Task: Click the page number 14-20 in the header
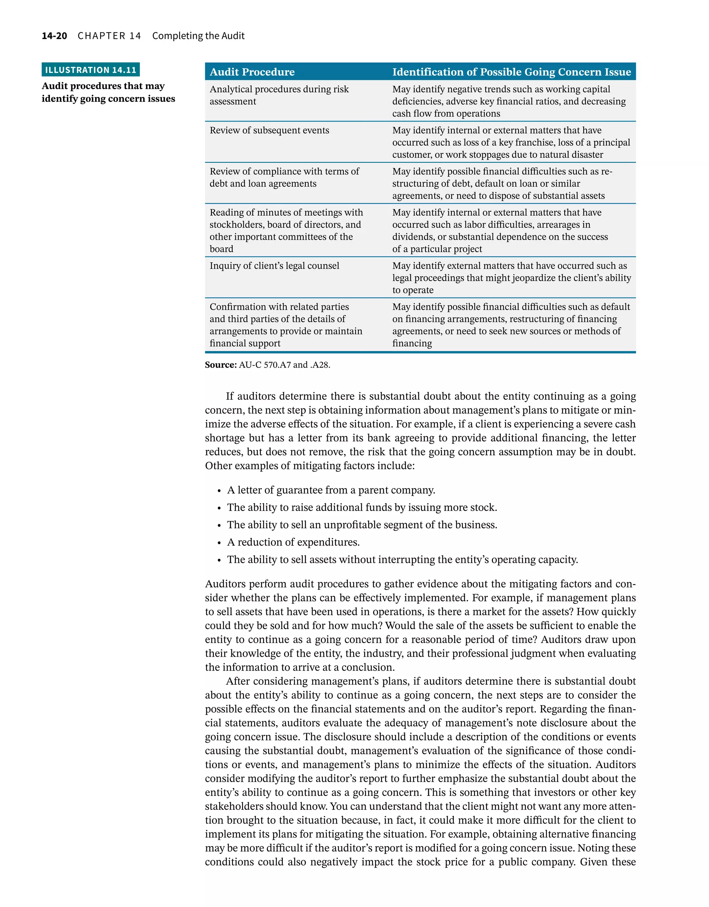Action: (x=54, y=36)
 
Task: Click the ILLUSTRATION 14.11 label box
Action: (x=91, y=70)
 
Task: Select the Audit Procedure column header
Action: (x=252, y=72)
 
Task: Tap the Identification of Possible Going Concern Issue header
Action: (x=511, y=72)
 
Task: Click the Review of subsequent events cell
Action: (x=269, y=131)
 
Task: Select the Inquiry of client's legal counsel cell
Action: (x=274, y=266)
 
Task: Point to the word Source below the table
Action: (x=221, y=365)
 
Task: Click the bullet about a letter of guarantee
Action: (x=331, y=490)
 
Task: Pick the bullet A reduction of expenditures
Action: (x=293, y=542)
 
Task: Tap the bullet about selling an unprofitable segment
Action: (x=361, y=525)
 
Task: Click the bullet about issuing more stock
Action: (x=361, y=508)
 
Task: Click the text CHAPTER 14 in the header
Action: (x=109, y=36)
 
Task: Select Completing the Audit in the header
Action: (x=198, y=36)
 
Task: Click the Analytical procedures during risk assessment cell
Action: (x=279, y=95)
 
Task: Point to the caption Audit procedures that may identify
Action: (x=108, y=92)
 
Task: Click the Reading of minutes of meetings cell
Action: (x=286, y=231)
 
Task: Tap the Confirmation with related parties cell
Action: (x=286, y=325)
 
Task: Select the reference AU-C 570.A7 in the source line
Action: (x=264, y=365)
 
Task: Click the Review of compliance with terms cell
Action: (x=284, y=177)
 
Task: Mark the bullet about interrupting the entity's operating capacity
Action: (x=402, y=560)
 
